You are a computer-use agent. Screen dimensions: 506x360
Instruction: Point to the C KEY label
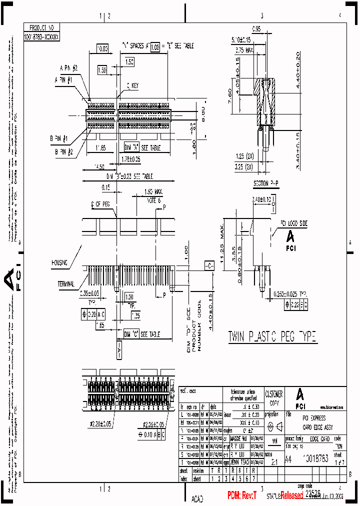tap(132, 86)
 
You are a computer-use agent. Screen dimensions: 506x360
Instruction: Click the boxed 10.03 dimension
tap(102, 48)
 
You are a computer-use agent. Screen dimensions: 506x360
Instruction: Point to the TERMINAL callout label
tap(65, 283)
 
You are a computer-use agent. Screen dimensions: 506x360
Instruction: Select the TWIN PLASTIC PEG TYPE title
tap(272, 337)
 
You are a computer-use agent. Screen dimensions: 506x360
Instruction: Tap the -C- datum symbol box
tap(208, 264)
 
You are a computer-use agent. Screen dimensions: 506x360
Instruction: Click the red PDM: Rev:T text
tap(242, 495)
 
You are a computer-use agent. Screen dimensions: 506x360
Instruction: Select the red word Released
tap(291, 495)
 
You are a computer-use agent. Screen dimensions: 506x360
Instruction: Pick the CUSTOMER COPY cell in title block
tap(273, 398)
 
